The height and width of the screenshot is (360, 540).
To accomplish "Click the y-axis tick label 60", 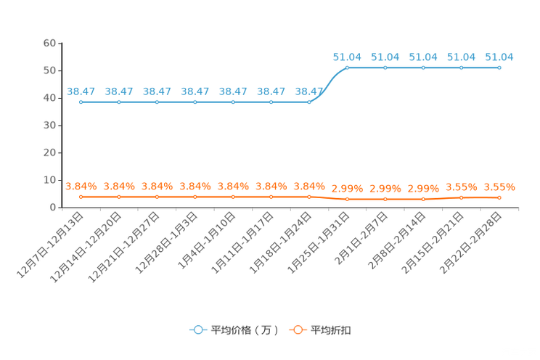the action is click(x=49, y=43).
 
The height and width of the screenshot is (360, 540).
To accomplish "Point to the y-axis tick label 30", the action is click(x=49, y=126).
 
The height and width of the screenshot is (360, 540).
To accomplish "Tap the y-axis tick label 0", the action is click(x=53, y=208).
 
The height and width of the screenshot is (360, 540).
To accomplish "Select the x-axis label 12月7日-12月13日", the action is click(x=50, y=245).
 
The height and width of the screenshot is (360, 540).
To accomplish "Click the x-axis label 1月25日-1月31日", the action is click(x=318, y=243).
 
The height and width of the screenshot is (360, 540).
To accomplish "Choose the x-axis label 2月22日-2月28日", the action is click(x=470, y=243).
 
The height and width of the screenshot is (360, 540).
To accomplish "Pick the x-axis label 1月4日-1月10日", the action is click(x=207, y=240).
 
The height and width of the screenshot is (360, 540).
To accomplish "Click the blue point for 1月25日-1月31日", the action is click(x=347, y=68).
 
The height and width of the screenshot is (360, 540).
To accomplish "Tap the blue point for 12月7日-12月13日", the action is click(x=81, y=102).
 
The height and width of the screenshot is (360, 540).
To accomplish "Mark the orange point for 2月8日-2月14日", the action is click(x=423, y=199).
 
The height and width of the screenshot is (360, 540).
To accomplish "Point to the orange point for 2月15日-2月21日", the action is click(x=462, y=197).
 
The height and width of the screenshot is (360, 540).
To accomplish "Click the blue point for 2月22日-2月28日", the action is click(x=499, y=68).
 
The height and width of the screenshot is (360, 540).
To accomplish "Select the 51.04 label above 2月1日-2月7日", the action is click(x=385, y=57).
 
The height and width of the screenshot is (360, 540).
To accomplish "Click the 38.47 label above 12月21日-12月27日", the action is click(x=157, y=91).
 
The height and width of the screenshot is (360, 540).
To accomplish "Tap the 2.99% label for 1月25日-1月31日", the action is click(x=347, y=189).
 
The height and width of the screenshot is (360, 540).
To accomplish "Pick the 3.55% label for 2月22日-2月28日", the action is click(x=499, y=187).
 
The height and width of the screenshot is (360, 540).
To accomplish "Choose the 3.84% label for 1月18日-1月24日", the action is click(x=309, y=187).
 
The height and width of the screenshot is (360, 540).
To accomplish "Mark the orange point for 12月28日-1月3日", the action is click(x=195, y=197).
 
